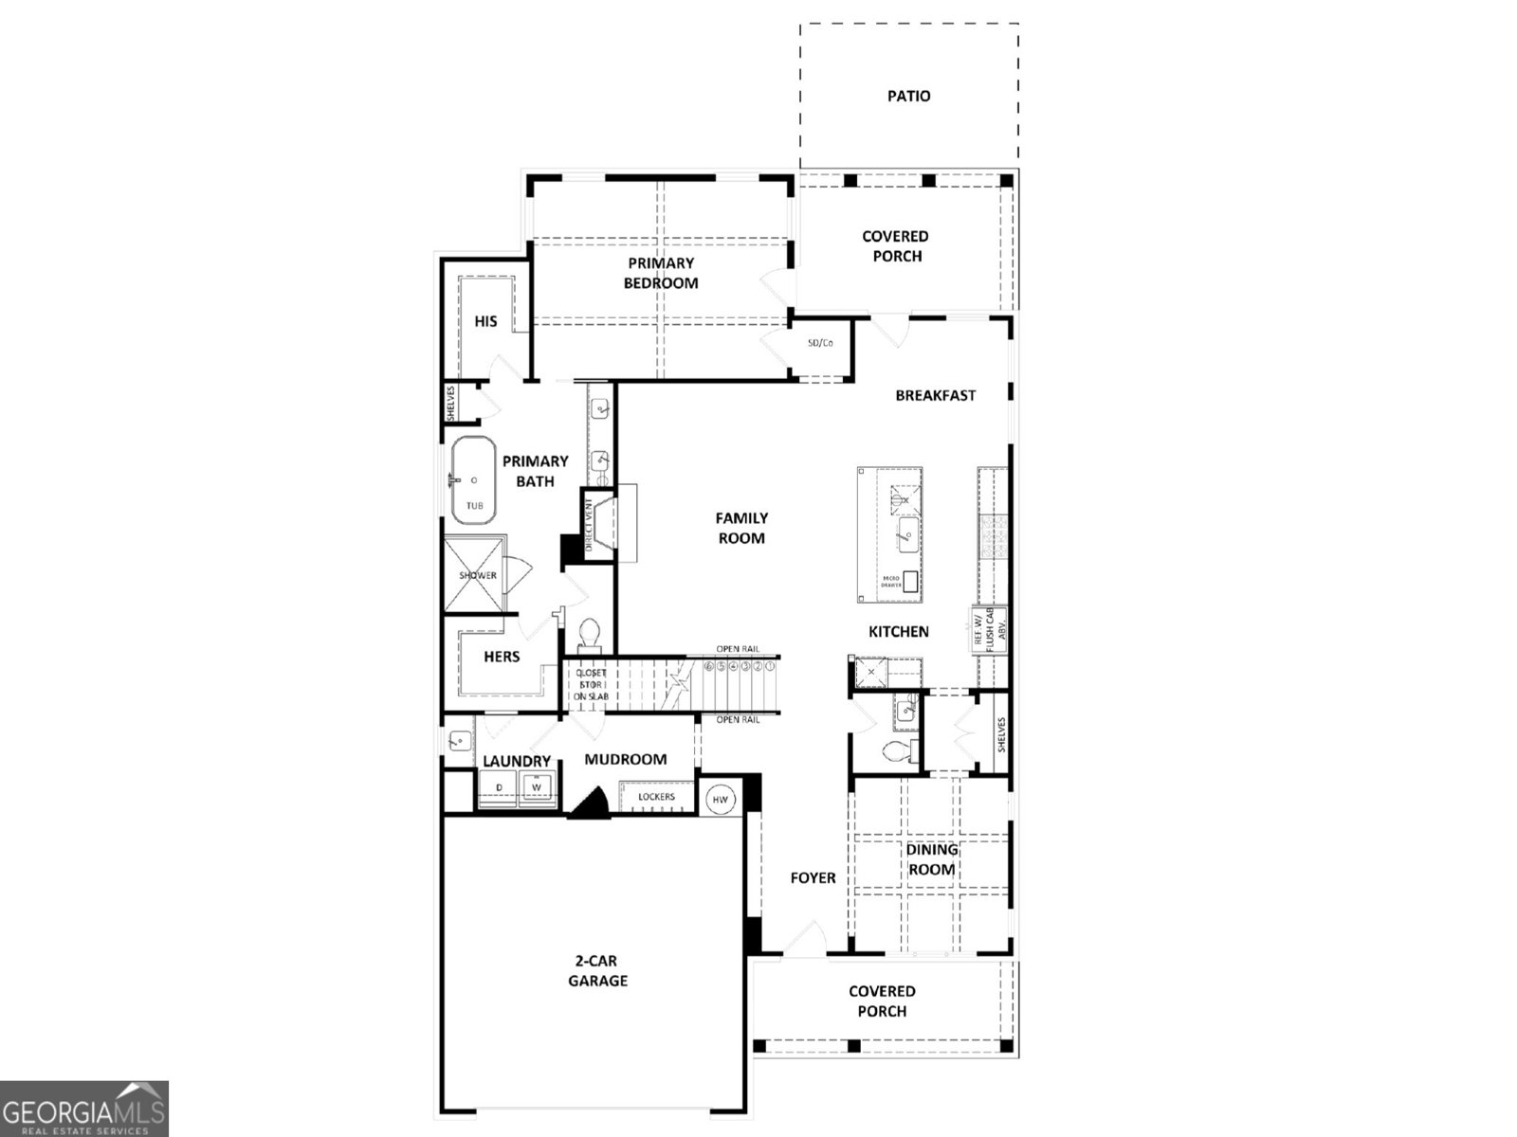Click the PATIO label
908,96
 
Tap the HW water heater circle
721,800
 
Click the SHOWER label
478,575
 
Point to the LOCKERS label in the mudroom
656,797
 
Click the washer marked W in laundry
537,787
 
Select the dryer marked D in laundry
499,787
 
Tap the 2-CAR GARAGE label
597,971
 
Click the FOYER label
813,878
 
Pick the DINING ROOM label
932,859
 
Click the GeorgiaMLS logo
84,1109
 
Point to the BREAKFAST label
935,395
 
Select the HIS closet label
485,321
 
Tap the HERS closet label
502,657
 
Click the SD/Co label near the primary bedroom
820,343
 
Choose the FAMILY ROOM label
740,528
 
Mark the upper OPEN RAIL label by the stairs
738,649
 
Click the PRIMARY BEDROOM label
661,273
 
